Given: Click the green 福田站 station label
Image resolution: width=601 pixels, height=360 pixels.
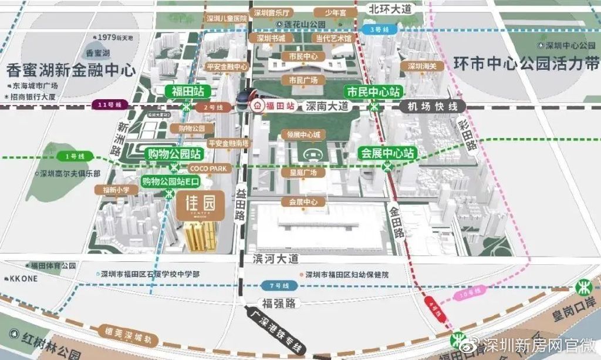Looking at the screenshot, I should [x=186, y=92].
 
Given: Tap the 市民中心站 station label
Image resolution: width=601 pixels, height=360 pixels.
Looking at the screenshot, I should [x=373, y=92].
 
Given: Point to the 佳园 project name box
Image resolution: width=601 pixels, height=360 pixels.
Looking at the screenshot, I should [x=200, y=206].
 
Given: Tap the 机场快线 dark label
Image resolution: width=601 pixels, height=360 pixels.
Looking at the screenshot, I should [x=431, y=106].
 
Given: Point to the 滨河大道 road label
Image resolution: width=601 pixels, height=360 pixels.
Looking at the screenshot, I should [x=275, y=259].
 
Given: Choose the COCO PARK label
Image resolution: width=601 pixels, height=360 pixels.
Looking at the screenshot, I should [x=204, y=168].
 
